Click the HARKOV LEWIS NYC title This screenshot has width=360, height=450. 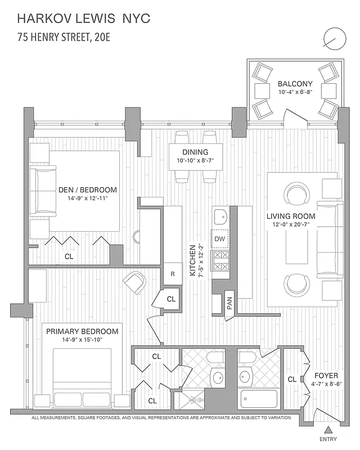(x=84, y=19)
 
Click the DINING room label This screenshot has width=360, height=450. (x=195, y=152)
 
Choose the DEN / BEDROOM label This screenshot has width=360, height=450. (x=88, y=190)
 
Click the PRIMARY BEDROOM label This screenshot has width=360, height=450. (x=82, y=331)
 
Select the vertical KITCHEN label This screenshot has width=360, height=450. (x=192, y=260)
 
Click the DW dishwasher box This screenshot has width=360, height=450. (x=219, y=238)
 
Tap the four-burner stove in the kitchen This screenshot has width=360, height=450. (x=219, y=259)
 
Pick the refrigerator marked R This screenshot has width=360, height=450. (x=173, y=274)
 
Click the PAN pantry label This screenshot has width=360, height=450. (x=229, y=304)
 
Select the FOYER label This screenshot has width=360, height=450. (x=327, y=375)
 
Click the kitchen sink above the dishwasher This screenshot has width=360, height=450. (x=220, y=215)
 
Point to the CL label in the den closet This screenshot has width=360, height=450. (x=69, y=256)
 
